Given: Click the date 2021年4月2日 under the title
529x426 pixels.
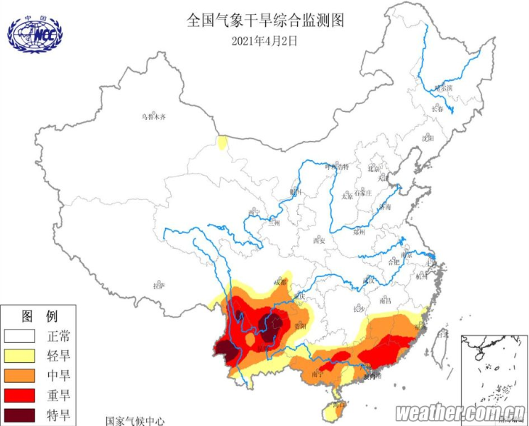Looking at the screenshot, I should click(264, 40).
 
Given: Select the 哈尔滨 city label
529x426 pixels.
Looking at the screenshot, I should click(443, 89).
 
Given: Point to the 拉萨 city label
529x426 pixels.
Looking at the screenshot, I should click(159, 286).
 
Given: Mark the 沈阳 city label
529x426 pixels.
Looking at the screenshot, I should click(427, 138).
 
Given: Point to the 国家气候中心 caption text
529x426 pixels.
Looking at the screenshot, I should click(135, 420).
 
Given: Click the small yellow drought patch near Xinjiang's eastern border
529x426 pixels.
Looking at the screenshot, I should click(223, 142).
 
